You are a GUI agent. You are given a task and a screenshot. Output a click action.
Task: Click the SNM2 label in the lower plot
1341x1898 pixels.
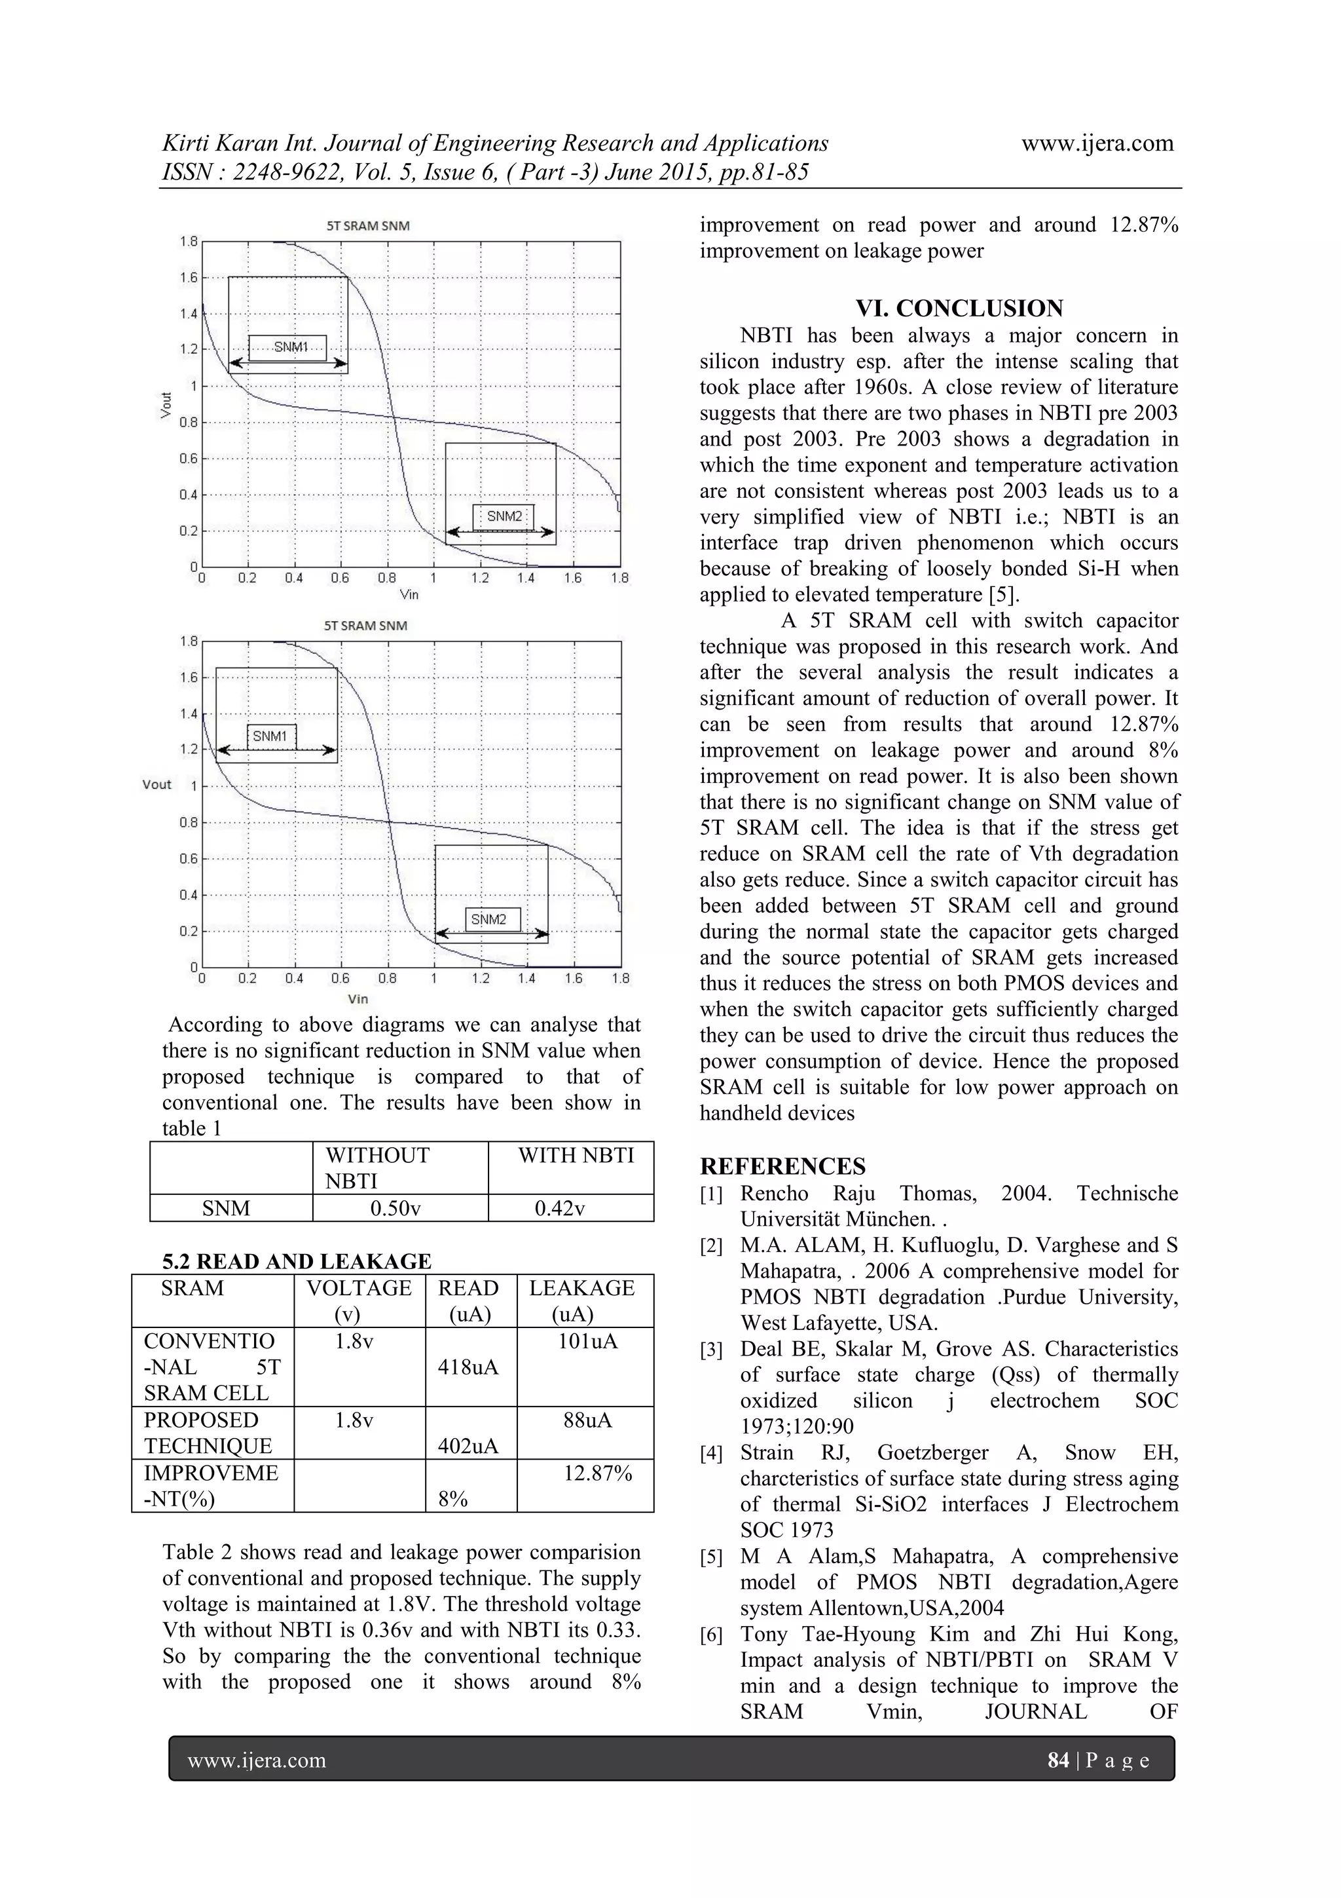[x=488, y=919]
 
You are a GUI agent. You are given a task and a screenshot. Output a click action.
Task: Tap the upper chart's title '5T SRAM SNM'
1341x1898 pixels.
[x=368, y=225]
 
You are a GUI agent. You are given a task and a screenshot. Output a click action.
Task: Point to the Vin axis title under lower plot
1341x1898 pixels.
[x=358, y=999]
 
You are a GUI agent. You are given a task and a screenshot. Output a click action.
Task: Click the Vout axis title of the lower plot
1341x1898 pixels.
[x=157, y=784]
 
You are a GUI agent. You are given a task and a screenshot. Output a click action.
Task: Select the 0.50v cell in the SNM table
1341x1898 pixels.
[x=395, y=1209]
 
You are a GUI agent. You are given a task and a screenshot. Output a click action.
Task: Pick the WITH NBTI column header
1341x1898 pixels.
[x=576, y=1156]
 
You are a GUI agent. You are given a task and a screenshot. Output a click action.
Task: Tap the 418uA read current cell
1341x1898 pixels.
[x=468, y=1367]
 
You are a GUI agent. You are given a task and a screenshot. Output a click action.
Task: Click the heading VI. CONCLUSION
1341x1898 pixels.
[x=959, y=309]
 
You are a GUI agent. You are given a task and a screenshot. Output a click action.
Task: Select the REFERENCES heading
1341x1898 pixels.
[x=782, y=1166]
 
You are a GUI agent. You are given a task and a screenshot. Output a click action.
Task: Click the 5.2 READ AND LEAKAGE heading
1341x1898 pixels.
[x=297, y=1261]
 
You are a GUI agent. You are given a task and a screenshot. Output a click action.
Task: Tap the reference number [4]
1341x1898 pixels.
[x=711, y=1453]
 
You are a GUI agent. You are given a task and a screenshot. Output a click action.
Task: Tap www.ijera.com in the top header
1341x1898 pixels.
[x=1097, y=143]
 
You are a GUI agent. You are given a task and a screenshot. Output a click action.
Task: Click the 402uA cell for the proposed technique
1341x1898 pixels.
[x=468, y=1446]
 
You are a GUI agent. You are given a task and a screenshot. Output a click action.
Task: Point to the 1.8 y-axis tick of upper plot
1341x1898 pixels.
[x=189, y=241]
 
